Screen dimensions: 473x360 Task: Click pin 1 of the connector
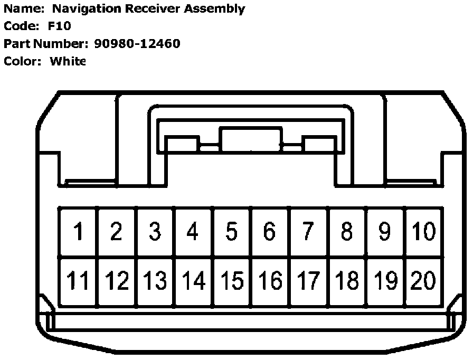click(78, 232)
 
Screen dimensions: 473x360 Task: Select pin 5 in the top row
click(231, 232)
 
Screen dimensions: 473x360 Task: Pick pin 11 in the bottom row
click(78, 281)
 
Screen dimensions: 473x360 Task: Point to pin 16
click(270, 281)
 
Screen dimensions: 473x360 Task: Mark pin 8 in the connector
click(346, 232)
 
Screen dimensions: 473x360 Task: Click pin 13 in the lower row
click(155, 281)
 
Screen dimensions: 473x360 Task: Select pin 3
click(155, 232)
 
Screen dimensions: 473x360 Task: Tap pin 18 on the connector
click(346, 281)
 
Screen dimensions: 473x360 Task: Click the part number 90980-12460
click(137, 44)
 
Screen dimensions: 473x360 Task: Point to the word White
click(68, 61)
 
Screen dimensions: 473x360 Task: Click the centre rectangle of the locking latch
click(250, 139)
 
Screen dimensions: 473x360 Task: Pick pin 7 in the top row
click(308, 232)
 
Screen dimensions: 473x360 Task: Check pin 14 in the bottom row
click(193, 281)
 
